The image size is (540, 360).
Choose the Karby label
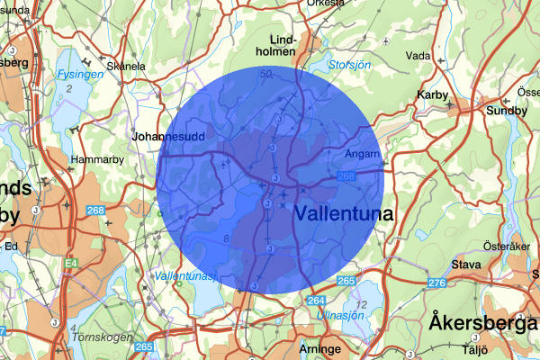433,93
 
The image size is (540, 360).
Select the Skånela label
127,66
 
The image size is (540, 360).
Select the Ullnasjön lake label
341,316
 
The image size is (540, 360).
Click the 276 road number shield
437,283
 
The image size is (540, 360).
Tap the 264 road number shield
316,300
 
